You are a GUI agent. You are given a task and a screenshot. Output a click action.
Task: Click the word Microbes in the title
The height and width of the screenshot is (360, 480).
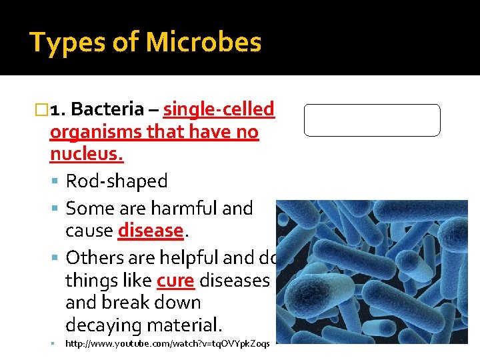(x=203, y=43)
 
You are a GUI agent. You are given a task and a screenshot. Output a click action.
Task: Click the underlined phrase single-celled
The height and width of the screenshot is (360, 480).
(x=219, y=109)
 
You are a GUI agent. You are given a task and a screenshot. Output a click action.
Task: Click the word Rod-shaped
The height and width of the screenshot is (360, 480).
(x=117, y=181)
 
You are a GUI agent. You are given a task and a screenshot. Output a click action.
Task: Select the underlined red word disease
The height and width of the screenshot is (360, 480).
(x=150, y=231)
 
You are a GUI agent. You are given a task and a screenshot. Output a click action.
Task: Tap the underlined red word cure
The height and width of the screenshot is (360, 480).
(x=175, y=280)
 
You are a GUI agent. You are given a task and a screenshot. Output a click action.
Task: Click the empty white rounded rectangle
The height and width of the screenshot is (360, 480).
(x=372, y=120)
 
